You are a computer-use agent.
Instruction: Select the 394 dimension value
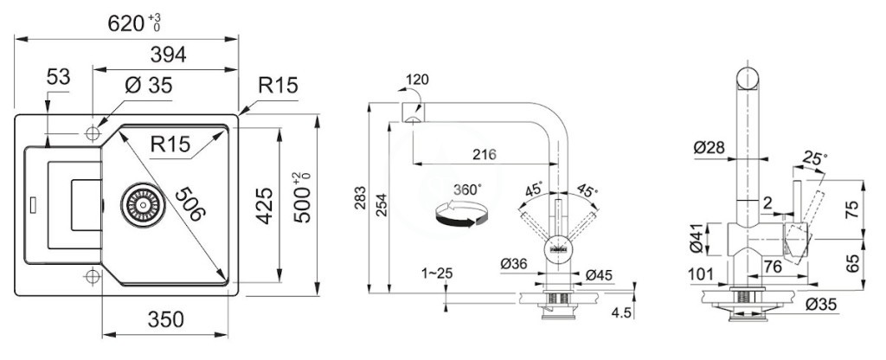pyautogui.click(x=169, y=55)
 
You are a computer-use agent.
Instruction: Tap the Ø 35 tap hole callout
pyautogui.click(x=148, y=87)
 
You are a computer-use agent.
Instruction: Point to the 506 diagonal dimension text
pyautogui.click(x=189, y=203)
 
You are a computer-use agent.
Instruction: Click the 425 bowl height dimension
pyautogui.click(x=265, y=205)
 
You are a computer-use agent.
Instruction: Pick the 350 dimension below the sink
pyautogui.click(x=166, y=319)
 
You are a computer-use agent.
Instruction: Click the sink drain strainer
pyautogui.click(x=143, y=204)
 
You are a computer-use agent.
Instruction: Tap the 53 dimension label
pyautogui.click(x=58, y=77)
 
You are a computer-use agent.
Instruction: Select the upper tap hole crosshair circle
pyautogui.click(x=92, y=133)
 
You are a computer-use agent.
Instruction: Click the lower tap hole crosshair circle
pyautogui.click(x=92, y=277)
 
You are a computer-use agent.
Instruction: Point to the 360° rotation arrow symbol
pyautogui.click(x=460, y=216)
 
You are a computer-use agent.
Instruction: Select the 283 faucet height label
pyautogui.click(x=360, y=198)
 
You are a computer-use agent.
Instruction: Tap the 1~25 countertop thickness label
pyautogui.click(x=437, y=274)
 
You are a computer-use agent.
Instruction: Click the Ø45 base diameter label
pyautogui.click(x=599, y=275)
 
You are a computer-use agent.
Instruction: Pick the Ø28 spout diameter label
pyautogui.click(x=709, y=148)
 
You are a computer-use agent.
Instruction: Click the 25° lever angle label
pyautogui.click(x=814, y=159)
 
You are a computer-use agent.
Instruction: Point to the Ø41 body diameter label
pyautogui.click(x=697, y=239)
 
